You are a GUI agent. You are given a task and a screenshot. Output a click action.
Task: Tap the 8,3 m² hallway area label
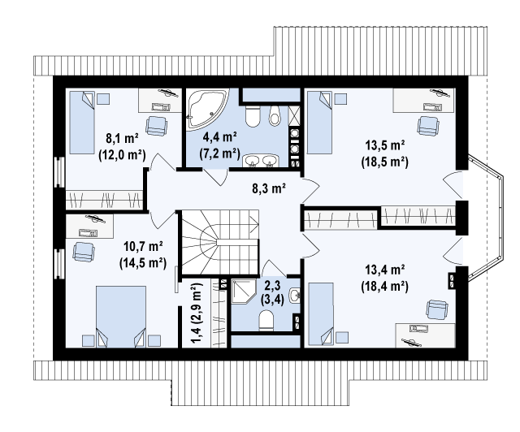269,188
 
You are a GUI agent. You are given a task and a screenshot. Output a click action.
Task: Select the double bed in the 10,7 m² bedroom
121,317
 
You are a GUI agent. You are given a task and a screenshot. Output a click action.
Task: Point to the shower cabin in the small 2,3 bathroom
244,292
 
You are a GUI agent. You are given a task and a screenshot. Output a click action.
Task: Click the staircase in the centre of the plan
219,242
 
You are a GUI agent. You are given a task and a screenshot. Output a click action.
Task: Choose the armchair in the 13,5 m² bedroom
428,126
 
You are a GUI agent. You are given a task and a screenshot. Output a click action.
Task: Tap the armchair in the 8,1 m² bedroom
156,126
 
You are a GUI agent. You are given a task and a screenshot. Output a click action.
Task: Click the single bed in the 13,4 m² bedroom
321,314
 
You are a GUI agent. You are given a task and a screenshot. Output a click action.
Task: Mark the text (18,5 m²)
384,162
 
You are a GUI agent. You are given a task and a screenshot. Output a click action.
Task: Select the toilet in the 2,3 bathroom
266,320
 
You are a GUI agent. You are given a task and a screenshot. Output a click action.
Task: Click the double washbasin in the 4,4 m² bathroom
262,161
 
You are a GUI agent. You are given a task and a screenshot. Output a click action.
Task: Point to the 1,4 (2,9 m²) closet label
197,313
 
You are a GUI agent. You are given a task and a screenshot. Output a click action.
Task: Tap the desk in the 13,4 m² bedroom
425,336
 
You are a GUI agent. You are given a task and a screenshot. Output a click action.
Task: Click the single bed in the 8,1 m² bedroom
82,123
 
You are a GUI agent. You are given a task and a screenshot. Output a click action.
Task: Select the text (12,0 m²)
122,155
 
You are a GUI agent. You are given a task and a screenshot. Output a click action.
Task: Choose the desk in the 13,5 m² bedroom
424,100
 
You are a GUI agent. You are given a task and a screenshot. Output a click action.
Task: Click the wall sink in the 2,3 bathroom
294,295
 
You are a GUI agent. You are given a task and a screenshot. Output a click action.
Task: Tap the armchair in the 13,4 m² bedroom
437,309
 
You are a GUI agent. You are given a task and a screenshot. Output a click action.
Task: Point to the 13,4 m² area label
384,270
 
